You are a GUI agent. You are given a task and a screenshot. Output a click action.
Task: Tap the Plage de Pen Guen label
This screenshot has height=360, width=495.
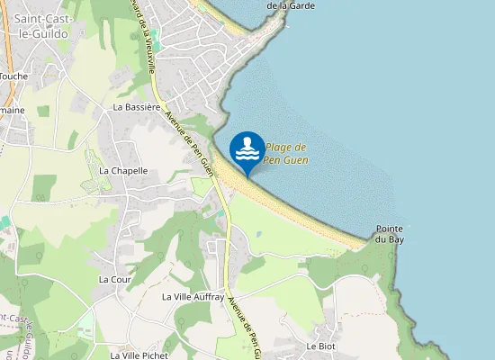pos(287,153)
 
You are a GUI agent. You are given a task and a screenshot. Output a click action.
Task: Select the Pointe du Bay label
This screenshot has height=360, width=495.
pos(389,234)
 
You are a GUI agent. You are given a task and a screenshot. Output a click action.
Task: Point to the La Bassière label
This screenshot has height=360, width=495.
pos(137,106)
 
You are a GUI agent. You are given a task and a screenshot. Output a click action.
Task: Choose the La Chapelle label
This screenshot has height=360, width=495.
pos(123,170)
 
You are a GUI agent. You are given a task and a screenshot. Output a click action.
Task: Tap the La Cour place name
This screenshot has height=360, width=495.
pos(115,280)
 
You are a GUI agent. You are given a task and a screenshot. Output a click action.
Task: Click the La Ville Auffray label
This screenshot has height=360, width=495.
pos(191,296)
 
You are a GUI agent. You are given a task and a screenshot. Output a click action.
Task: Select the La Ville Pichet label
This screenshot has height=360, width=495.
pos(139,355)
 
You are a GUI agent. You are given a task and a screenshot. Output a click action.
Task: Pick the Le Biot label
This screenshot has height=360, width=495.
pos(320,346)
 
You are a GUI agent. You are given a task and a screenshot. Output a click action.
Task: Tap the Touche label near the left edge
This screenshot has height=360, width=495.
pos(13,76)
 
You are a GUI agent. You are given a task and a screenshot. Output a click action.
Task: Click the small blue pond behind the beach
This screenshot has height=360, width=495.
pos(258,234)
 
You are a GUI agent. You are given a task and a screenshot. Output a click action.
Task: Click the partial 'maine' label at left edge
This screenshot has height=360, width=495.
pos(13,110)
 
